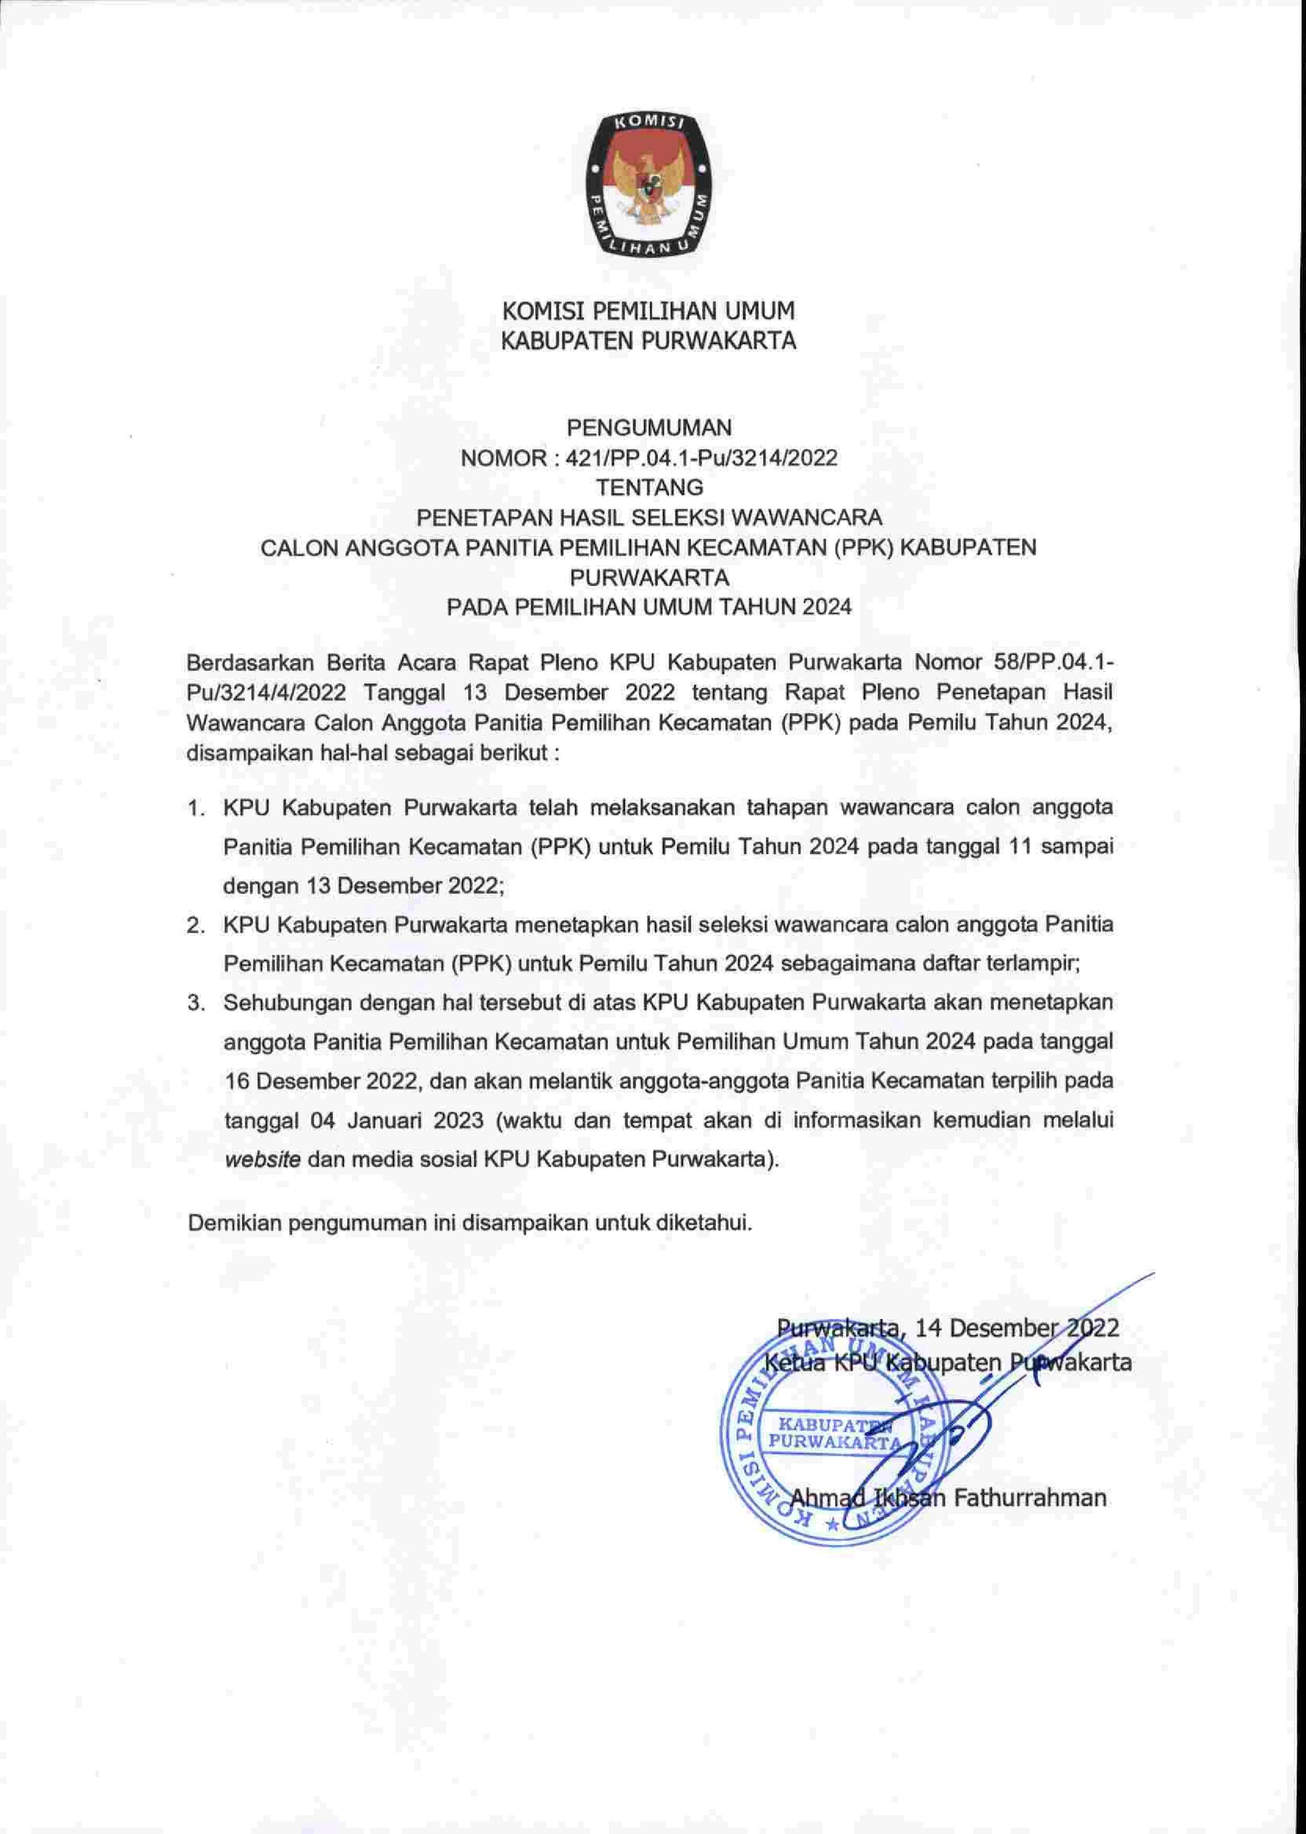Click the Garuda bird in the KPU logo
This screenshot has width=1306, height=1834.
651,182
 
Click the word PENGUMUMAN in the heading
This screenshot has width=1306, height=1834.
649,427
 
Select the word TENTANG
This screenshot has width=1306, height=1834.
649,487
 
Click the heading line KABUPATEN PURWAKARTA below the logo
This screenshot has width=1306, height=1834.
648,341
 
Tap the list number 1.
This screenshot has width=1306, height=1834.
195,809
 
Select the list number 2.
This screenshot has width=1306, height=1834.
195,926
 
